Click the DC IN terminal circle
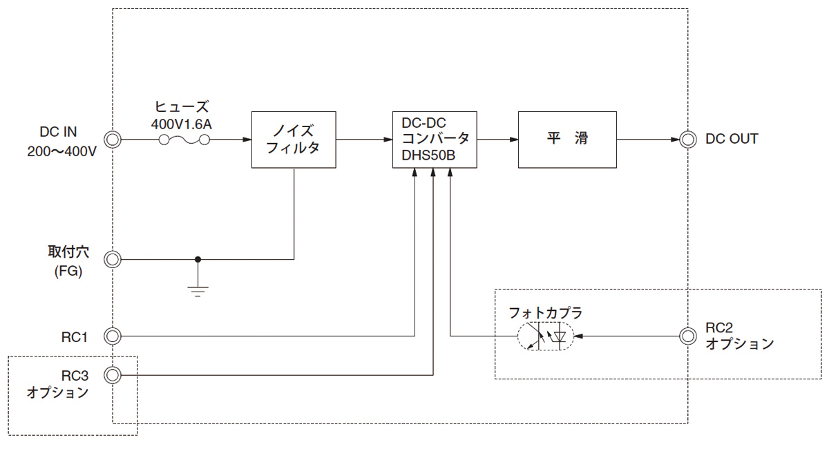pyautogui.click(x=113, y=140)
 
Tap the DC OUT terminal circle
pyautogui.click(x=687, y=140)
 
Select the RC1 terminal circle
pyautogui.click(x=113, y=336)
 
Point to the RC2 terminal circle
pyautogui.click(x=687, y=336)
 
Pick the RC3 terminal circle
pyautogui.click(x=113, y=375)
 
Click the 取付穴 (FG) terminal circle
pyautogui.click(x=113, y=260)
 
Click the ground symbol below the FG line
pyautogui.click(x=198, y=292)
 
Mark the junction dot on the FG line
pyautogui.click(x=198, y=260)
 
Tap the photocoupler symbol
pyautogui.click(x=546, y=336)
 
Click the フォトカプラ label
pyautogui.click(x=546, y=313)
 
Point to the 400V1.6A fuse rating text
pyautogui.click(x=181, y=124)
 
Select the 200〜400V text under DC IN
pyautogui.click(x=61, y=151)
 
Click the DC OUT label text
pyautogui.click(x=732, y=139)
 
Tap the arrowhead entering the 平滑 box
pyautogui.click(x=514, y=140)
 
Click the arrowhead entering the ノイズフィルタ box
pyautogui.click(x=247, y=140)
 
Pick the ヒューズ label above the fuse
pyautogui.click(x=181, y=106)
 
